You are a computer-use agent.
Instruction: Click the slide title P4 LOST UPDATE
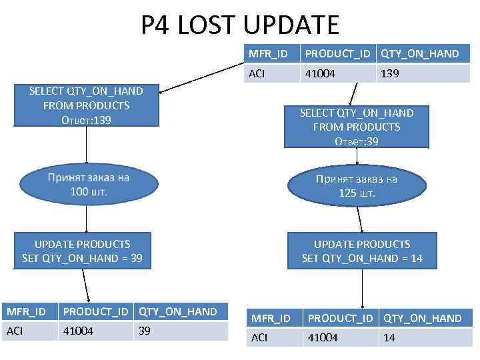(240, 25)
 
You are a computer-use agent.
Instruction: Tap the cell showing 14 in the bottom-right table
(423, 338)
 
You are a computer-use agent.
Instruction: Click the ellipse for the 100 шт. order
(88, 185)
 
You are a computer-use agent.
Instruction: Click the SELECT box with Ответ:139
(86, 105)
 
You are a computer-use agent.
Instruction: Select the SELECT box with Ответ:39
(357, 127)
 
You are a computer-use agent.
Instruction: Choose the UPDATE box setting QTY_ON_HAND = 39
(82, 251)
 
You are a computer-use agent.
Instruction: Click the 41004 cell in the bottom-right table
(341, 338)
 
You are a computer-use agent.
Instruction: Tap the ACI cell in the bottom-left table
(29, 331)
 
